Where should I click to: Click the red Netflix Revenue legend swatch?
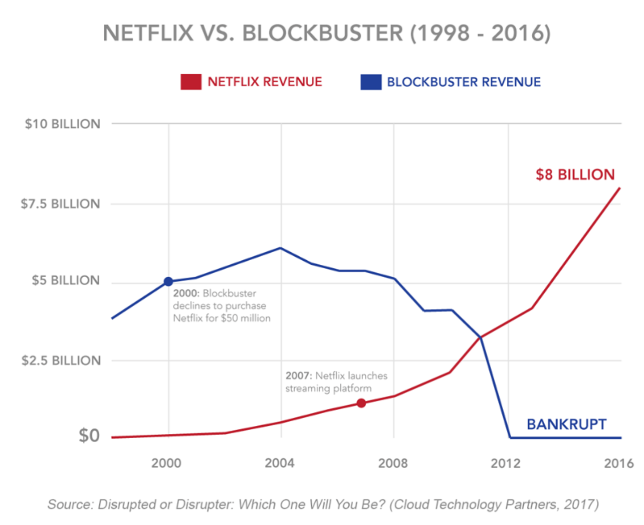click(x=191, y=82)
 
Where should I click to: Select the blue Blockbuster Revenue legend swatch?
click(x=371, y=82)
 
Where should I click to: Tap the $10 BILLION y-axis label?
click(x=63, y=124)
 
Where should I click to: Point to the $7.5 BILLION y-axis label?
click(x=60, y=204)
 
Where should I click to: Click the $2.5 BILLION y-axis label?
click(x=61, y=360)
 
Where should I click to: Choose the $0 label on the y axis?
click(x=89, y=436)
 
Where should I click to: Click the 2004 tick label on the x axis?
click(x=280, y=463)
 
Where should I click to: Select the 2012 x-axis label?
click(x=506, y=463)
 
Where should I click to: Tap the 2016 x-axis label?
click(x=619, y=463)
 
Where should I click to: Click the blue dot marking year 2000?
click(x=168, y=281)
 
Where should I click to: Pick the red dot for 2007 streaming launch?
click(x=361, y=403)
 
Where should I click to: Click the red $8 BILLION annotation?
click(x=575, y=174)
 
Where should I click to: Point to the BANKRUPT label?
click(x=566, y=424)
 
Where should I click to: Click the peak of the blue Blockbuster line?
click(x=280, y=248)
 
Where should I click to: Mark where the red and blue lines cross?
click(x=480, y=337)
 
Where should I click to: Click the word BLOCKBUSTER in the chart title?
click(x=322, y=33)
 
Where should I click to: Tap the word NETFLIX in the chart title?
click(x=148, y=33)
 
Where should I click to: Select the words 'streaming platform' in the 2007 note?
click(x=328, y=388)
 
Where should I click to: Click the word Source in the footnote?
click(x=70, y=504)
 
